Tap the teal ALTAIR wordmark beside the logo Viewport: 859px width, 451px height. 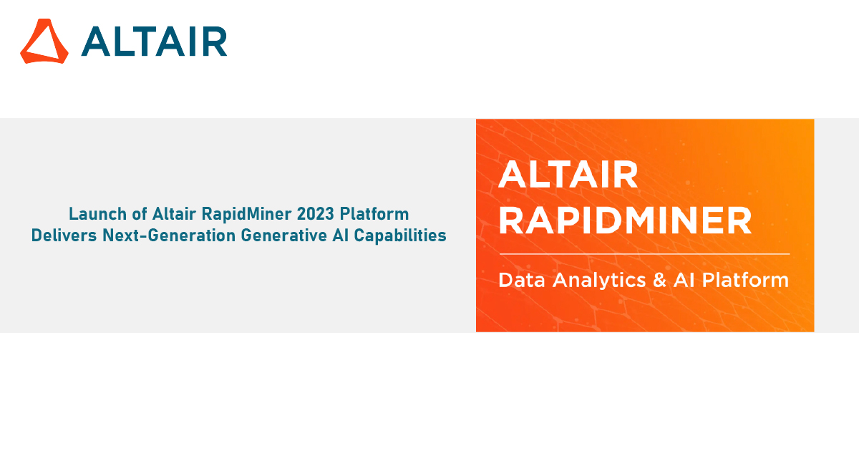coord(154,42)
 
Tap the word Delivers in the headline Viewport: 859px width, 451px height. coord(61,235)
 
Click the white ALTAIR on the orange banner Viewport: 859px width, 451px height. coord(568,175)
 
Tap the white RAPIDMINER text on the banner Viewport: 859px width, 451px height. coord(625,221)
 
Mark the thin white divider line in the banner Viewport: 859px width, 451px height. coord(644,254)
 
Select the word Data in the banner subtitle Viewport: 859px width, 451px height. coord(521,280)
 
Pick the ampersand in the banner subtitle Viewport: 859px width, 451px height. coord(659,280)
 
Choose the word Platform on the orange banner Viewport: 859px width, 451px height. coord(745,280)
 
